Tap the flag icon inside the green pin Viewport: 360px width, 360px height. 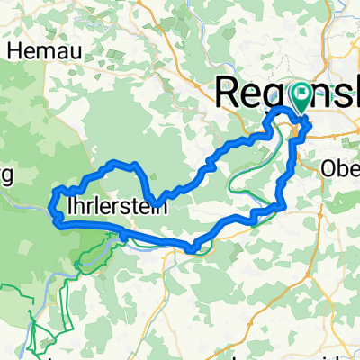298,94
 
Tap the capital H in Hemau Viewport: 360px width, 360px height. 14,50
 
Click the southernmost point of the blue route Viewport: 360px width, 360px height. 192,248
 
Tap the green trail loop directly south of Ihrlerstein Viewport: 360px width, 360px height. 90,261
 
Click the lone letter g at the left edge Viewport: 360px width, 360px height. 4,176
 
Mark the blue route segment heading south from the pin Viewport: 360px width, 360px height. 292,153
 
